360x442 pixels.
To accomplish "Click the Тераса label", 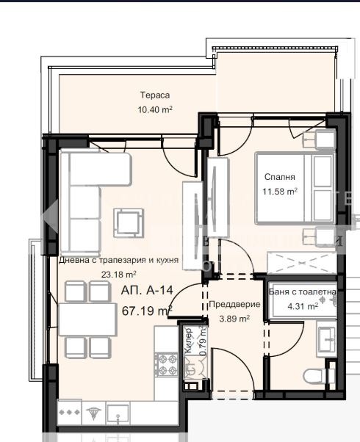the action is tap(155, 95).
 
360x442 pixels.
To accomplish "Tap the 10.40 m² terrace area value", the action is tap(155, 109).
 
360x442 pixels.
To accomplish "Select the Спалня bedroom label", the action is tap(280, 177).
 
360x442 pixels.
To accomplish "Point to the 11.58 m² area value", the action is tap(280, 192).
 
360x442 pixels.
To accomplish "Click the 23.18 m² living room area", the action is tap(119, 275).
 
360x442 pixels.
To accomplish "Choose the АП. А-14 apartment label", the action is tap(147, 290).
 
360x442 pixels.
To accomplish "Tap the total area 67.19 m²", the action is tap(147, 311).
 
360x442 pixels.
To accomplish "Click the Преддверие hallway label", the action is tap(234, 304).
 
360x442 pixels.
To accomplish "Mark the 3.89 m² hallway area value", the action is tap(234, 319).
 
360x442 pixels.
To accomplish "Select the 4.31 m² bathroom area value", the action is tap(303, 306).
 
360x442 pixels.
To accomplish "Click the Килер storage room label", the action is tap(189, 340).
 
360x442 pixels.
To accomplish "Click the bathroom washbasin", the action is tap(327, 340).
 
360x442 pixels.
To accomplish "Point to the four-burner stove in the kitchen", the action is tap(168, 365).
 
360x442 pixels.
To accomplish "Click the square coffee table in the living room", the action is tap(129, 222).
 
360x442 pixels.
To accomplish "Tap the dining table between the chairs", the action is tap(88, 319).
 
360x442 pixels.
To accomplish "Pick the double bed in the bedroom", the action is tap(295, 188).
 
